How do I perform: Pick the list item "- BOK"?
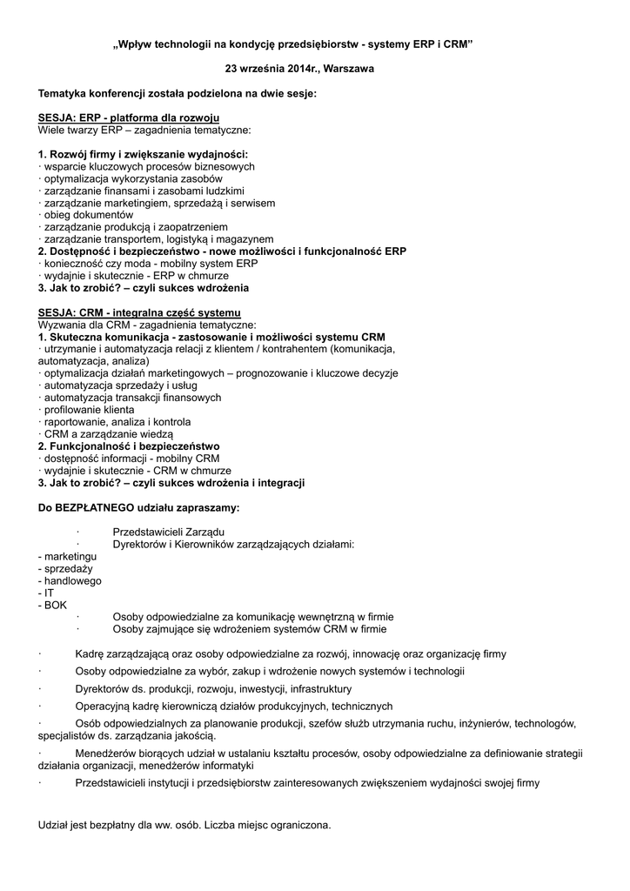click(52, 605)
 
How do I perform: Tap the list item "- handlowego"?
click(70, 580)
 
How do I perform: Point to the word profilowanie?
click(73, 409)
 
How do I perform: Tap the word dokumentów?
click(104, 214)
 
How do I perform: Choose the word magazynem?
click(244, 238)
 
